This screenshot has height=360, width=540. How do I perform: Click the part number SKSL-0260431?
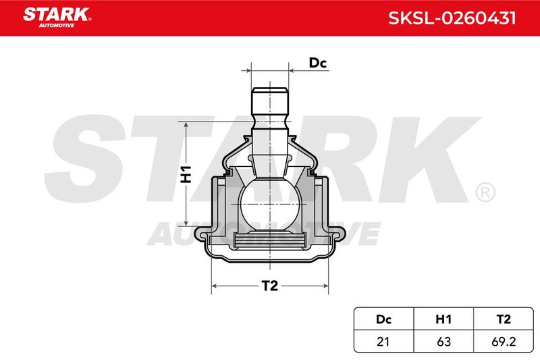[x=452, y=18]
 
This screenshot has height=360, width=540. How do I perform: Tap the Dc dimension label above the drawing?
[x=317, y=63]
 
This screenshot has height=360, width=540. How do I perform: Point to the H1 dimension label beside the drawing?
[x=186, y=174]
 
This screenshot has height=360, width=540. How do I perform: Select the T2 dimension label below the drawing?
[x=269, y=286]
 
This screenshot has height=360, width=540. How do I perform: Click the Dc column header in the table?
[x=383, y=319]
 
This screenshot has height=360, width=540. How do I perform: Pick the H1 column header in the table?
[x=443, y=319]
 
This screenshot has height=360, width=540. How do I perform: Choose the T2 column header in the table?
[x=504, y=319]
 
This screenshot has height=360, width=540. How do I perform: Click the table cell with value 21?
[x=383, y=341]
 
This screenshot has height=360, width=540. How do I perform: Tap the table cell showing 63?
[x=443, y=341]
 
